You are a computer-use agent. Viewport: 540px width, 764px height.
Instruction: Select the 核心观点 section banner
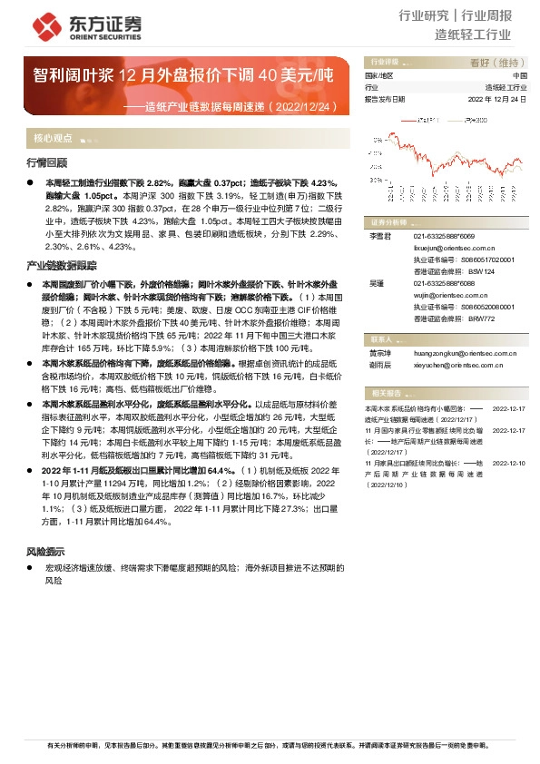(x=54, y=139)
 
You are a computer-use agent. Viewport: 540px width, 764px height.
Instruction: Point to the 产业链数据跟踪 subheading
(x=62, y=266)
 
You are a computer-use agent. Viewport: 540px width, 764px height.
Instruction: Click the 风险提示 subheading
(x=45, y=551)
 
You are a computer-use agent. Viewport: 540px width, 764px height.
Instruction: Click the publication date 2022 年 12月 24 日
(x=497, y=99)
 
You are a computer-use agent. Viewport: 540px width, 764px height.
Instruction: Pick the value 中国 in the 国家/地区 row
(x=520, y=75)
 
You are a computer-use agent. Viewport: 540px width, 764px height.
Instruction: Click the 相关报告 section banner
(x=388, y=392)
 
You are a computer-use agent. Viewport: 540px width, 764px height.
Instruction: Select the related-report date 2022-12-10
(x=508, y=462)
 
